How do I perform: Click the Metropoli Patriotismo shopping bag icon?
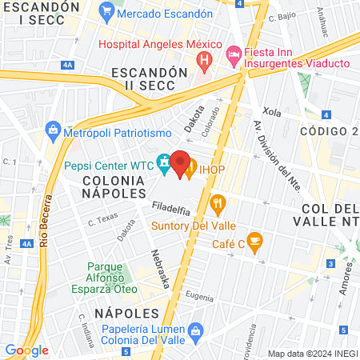(53, 130)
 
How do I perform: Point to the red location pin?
(180, 162)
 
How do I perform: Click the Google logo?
(26, 350)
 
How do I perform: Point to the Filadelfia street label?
(171, 210)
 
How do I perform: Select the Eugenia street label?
(198, 295)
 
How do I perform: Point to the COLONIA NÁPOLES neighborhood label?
(113, 187)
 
